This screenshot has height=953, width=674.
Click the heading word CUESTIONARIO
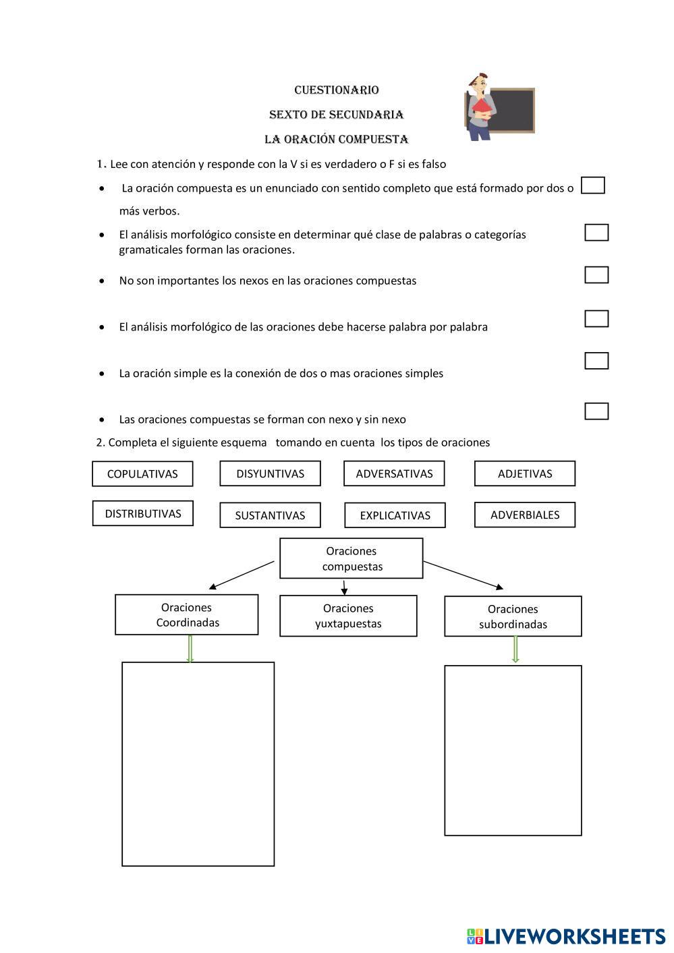[337, 90]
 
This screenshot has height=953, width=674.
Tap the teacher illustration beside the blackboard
[481, 106]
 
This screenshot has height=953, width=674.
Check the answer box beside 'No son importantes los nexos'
[596, 275]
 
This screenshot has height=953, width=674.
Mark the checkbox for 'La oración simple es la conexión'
[596, 361]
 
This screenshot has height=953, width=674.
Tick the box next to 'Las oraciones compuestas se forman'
[596, 411]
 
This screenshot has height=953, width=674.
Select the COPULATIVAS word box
[142, 473]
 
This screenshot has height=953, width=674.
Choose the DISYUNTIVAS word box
[270, 473]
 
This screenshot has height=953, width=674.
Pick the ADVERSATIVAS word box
[394, 473]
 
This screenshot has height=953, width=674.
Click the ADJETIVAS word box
[525, 473]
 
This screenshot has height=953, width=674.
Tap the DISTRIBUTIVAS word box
[142, 513]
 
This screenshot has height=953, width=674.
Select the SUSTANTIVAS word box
[270, 515]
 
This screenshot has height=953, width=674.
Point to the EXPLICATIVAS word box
[395, 515]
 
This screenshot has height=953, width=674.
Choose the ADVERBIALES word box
[525, 515]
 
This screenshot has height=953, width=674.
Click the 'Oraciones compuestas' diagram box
[352, 558]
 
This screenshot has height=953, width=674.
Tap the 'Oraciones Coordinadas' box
[187, 614]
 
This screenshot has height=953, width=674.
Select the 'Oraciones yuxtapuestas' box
[348, 616]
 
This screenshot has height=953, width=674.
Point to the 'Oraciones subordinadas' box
[513, 616]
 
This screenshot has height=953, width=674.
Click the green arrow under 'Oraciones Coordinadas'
[190, 649]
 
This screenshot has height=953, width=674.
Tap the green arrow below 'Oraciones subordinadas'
[515, 649]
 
